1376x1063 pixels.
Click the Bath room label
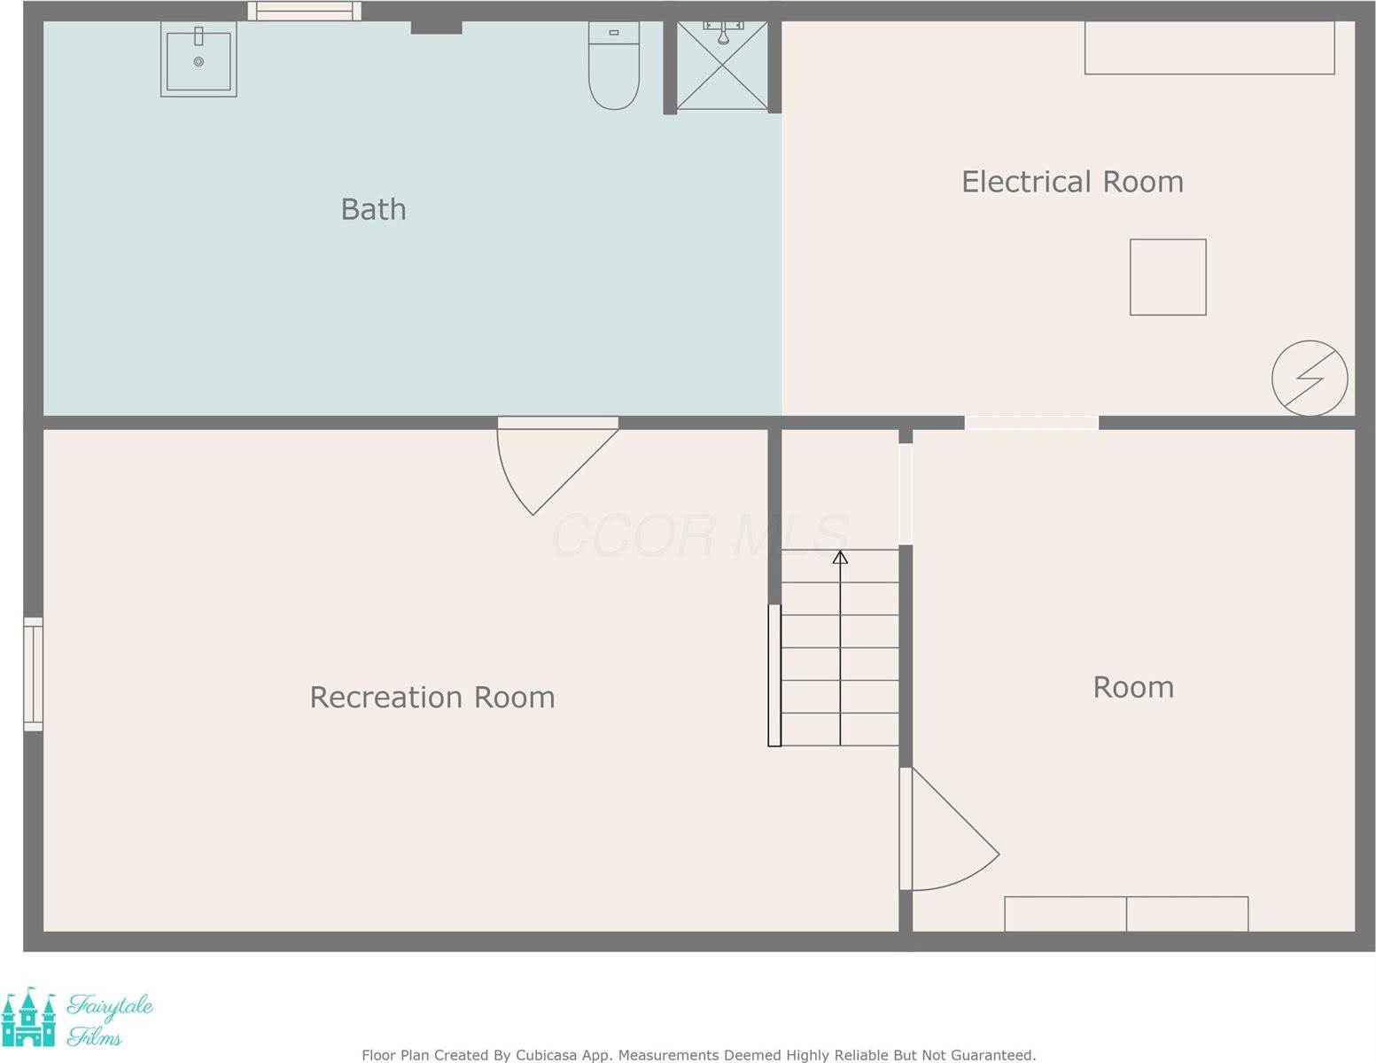tap(373, 209)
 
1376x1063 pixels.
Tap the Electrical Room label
tap(1072, 182)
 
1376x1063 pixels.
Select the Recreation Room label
tap(432, 697)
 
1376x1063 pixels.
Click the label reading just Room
tap(1133, 687)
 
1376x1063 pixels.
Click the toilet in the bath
tap(614, 67)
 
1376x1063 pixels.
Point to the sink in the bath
tap(198, 60)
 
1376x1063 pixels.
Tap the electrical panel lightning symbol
tap(1310, 379)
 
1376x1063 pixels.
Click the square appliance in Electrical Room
tap(1168, 277)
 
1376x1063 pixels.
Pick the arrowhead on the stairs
tap(840, 557)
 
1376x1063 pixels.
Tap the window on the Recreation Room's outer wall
tap(33, 674)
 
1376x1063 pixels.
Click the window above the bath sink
tap(304, 11)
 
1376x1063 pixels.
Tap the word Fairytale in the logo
tap(111, 1007)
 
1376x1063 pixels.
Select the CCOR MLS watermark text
tap(700, 535)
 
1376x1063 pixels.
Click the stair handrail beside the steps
tap(774, 675)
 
